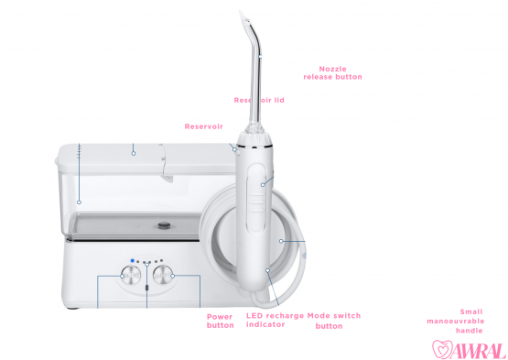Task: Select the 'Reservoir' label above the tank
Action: tap(203, 126)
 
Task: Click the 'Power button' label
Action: tap(220, 321)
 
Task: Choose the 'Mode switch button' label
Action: tap(333, 321)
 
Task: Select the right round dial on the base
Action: tap(164, 274)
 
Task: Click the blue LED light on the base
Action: tap(132, 261)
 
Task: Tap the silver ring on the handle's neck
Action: tap(252, 144)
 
